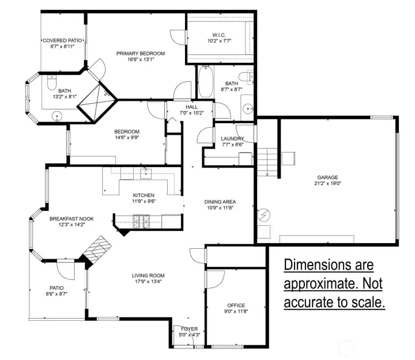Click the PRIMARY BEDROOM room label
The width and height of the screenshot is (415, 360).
[x=141, y=54]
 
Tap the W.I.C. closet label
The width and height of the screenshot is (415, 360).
[x=219, y=35]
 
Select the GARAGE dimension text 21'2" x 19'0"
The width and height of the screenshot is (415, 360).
[x=327, y=183]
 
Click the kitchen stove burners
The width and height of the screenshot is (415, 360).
[x=141, y=221]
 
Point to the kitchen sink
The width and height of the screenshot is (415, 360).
[x=146, y=173]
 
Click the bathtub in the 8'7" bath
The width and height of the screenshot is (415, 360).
[x=205, y=82]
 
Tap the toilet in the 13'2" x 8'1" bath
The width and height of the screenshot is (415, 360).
[x=52, y=82]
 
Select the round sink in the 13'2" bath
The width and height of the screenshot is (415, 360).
[x=57, y=116]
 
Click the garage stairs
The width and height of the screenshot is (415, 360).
[x=267, y=162]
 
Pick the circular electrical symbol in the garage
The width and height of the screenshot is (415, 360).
[x=264, y=215]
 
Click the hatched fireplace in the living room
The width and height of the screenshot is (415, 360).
[x=96, y=250]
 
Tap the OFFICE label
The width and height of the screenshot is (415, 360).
[x=236, y=305]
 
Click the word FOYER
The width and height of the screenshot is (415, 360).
[x=190, y=329]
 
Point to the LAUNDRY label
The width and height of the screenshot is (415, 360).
[x=232, y=139]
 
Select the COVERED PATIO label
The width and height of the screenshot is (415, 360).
[x=62, y=40]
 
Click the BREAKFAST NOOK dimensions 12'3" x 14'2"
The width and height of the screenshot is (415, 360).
[x=71, y=225]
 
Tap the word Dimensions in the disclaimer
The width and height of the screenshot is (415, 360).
[x=329, y=265]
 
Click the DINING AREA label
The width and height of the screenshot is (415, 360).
[x=220, y=202]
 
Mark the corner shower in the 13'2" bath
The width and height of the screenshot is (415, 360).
[x=97, y=102]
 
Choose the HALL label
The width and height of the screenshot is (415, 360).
[x=191, y=107]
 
